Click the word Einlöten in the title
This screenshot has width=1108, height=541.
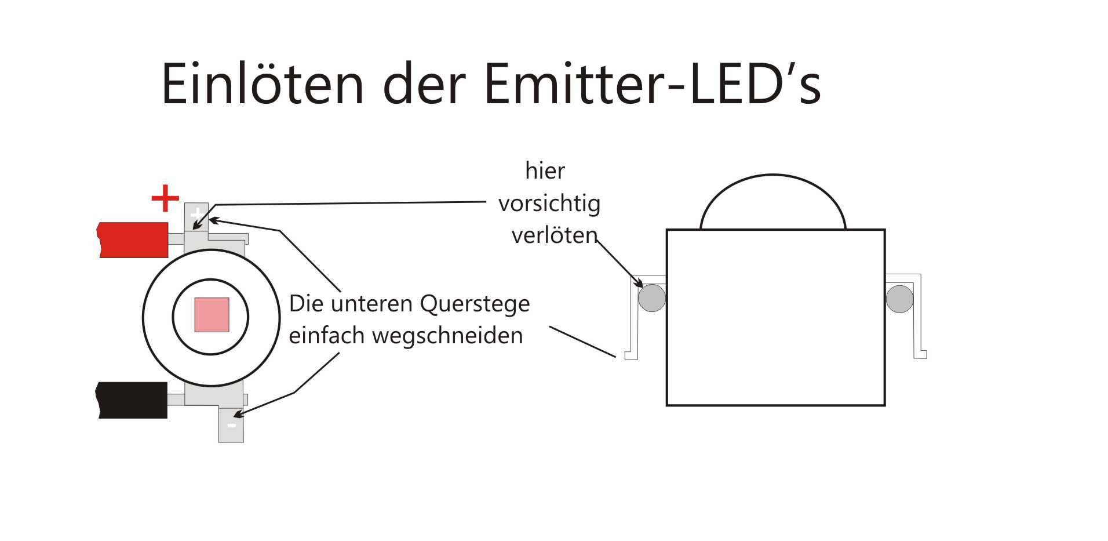pos(262,85)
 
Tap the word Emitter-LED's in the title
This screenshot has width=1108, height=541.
pos(651,85)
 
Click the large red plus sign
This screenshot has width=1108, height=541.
pos(165,198)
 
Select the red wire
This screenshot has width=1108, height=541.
pos(134,239)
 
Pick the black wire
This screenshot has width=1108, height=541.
pos(133,400)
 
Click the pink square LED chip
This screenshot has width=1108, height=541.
pos(212,315)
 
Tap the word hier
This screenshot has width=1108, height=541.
pos(545,171)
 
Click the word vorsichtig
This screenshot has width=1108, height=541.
pos(549,204)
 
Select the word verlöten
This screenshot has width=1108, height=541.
pos(554,235)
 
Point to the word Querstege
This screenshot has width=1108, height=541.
pos(475,304)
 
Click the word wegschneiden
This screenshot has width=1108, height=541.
pos(447,336)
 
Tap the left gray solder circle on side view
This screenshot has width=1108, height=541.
pos(651,298)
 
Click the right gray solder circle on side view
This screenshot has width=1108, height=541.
pos(899,299)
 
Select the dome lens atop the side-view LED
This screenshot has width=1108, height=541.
pos(772,203)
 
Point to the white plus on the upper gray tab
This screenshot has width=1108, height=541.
pos(197,215)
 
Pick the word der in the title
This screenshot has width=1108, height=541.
pos(424,85)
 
